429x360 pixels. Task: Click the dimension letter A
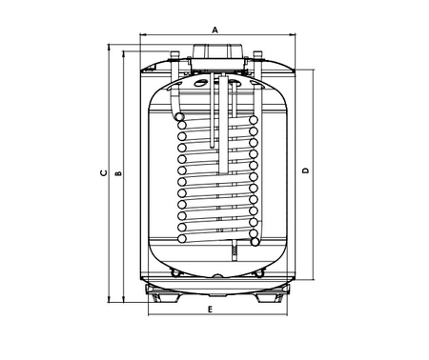click(215, 30)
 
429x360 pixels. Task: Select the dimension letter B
click(118, 173)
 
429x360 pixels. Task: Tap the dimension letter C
click(104, 173)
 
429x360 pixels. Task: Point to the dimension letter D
click(305, 170)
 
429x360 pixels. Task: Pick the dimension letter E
click(210, 310)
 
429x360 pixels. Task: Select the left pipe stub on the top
click(174, 55)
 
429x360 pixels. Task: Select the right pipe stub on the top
click(257, 55)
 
